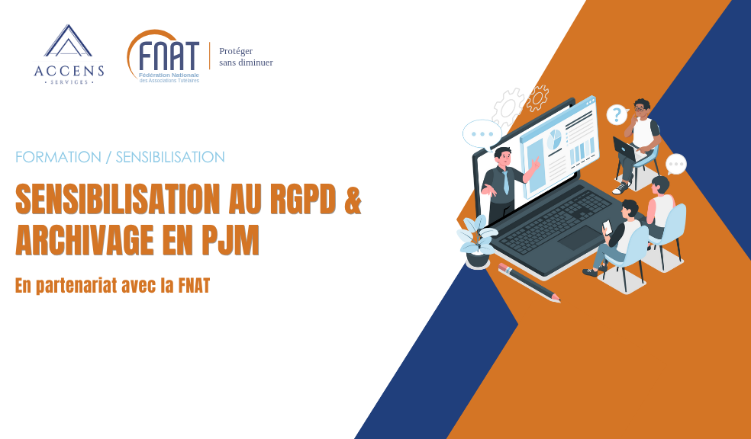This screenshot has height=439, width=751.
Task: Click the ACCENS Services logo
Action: point(69,55)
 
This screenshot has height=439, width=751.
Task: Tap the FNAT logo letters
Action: point(168,56)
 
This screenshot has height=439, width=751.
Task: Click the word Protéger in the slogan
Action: point(236,51)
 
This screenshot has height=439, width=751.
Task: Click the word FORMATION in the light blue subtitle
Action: point(59,157)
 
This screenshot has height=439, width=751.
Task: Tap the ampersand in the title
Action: point(353,198)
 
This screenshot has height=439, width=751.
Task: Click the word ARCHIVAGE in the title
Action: point(84,240)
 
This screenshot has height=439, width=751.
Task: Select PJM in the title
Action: point(230,240)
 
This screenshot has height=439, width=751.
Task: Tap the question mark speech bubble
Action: point(617,115)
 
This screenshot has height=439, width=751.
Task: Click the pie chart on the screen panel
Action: point(555,138)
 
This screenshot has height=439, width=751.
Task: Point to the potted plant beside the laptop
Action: point(477,242)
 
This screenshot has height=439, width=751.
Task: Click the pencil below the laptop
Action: point(529,282)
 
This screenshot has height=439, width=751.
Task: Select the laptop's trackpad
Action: point(579,238)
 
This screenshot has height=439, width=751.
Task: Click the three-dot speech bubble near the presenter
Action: point(482,134)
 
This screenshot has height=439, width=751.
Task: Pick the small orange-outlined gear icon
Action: point(537,98)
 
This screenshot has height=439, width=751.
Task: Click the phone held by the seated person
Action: point(608,226)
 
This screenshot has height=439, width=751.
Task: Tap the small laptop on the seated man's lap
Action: point(625,149)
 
